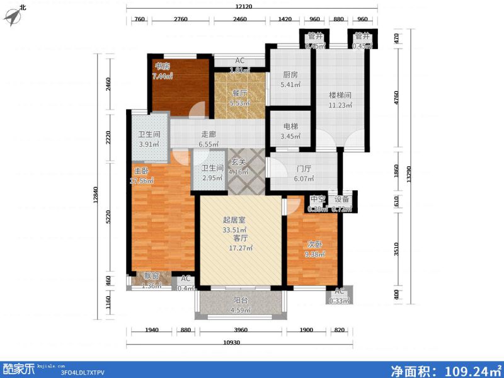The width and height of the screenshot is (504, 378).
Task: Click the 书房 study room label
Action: coord(163,66)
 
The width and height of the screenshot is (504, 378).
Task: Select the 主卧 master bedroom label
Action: coord(140,171)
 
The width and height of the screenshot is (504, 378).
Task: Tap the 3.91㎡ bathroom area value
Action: coord(149,144)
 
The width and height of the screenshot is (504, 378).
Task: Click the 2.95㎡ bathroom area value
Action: coord(212,179)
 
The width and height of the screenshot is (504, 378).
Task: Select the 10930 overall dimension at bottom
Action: coord(237,342)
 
